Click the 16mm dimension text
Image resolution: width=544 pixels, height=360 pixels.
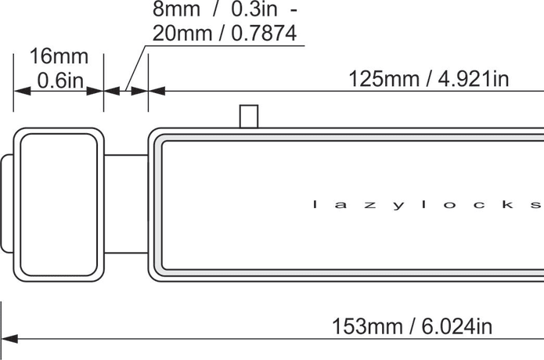click(x=59, y=57)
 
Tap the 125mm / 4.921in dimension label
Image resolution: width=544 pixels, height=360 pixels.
click(x=429, y=79)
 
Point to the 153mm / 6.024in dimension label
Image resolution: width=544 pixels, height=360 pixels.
click(x=413, y=326)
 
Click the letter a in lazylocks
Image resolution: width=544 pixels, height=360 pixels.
click(x=341, y=205)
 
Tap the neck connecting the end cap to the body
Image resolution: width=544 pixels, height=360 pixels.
click(x=125, y=203)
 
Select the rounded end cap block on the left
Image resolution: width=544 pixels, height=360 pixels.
click(x=59, y=203)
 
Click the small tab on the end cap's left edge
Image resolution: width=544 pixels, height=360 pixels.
click(x=6, y=203)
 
